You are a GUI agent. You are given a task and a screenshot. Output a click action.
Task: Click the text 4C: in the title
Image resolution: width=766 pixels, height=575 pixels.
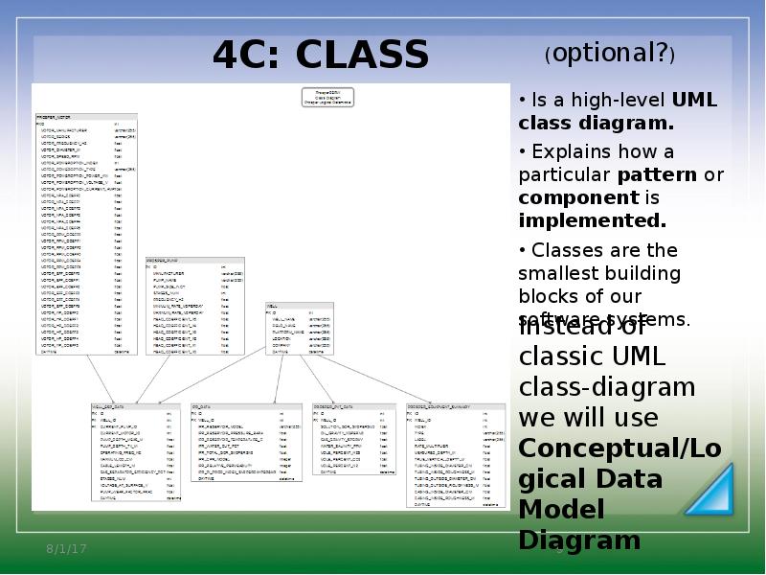[249, 55]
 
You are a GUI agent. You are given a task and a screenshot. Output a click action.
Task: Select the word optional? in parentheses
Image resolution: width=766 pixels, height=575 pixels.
[610, 55]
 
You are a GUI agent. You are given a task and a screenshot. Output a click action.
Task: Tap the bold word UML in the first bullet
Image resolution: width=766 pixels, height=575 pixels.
[694, 100]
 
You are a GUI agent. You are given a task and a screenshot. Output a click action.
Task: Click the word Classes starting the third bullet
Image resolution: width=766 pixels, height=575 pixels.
[563, 251]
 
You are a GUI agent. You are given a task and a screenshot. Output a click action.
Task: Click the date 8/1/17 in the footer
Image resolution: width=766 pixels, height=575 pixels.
[67, 548]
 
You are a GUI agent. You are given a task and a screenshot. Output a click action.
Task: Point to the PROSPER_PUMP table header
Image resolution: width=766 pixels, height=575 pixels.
[162, 260]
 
